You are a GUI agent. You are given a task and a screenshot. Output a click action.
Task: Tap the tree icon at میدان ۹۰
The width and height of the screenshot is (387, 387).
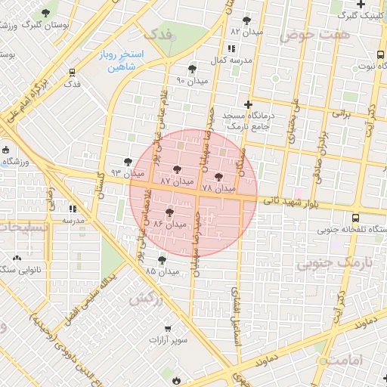pyautogui.click(x=193, y=69)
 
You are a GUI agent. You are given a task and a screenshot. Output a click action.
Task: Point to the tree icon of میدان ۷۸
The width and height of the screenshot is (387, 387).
pyautogui.click(x=219, y=177)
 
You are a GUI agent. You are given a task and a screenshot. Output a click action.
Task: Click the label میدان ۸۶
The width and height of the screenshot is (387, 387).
pyautogui.click(x=169, y=224)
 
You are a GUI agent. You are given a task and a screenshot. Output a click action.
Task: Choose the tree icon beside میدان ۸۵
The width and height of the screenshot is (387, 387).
pyautogui.click(x=162, y=259)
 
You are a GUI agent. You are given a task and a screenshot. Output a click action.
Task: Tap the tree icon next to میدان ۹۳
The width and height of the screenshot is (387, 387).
pyautogui.click(x=128, y=162)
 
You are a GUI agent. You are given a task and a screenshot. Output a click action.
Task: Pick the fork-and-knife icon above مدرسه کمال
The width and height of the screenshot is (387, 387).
pyautogui.click(x=231, y=48)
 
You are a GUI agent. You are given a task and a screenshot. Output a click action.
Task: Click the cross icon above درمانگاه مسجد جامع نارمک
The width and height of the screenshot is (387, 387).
pyautogui.click(x=247, y=104)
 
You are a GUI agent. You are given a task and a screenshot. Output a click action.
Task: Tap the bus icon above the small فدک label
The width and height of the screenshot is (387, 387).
pyautogui.click(x=72, y=73)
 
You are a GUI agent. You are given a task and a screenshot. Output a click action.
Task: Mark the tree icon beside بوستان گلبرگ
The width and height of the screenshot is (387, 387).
pyautogui.click(x=47, y=13)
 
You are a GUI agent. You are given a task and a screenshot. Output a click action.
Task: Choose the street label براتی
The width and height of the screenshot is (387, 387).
pyautogui.click(x=342, y=114)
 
